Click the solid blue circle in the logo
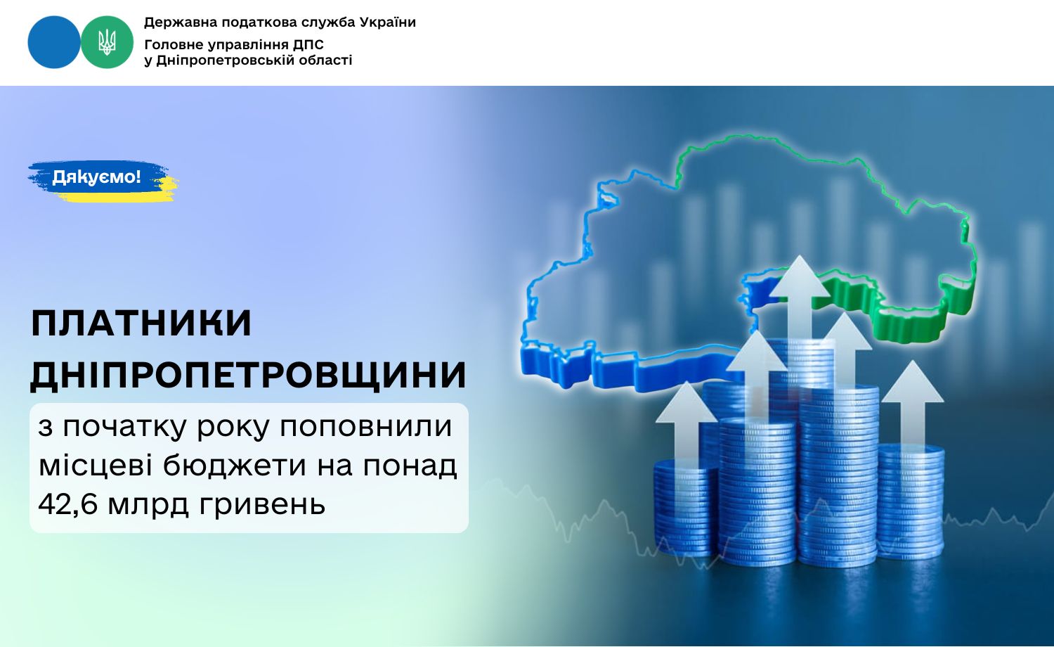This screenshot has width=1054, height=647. point(54,42)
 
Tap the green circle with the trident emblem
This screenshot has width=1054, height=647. point(107,42)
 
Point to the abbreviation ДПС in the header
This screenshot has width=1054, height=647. point(308,45)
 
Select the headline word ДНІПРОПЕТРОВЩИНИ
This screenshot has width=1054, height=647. point(248,376)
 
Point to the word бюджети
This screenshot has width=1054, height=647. point(234,466)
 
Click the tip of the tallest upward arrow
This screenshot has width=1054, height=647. point(799,256)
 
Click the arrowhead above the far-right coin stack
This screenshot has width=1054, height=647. point(913,381)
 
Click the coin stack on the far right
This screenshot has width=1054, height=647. point(911,501)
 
